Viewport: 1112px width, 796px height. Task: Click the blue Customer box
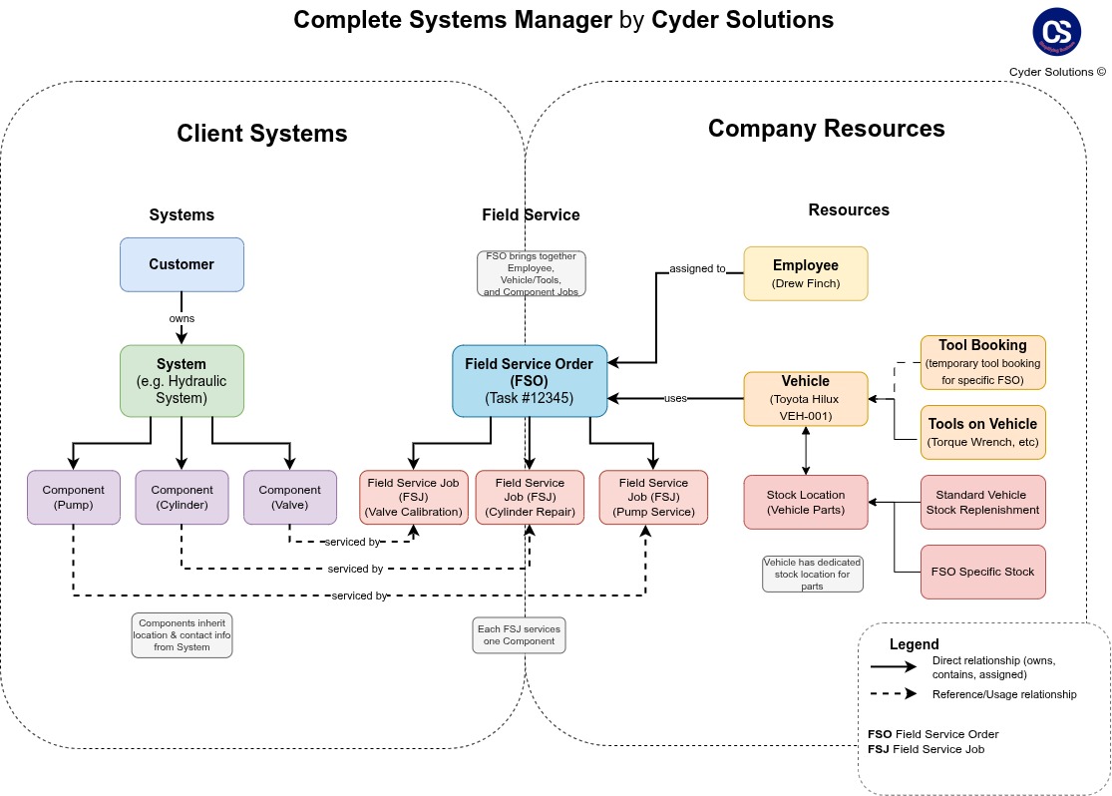pyautogui.click(x=182, y=264)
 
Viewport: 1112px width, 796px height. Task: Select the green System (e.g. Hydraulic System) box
pyautogui.click(x=182, y=381)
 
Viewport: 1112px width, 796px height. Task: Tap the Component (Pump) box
pyautogui.click(x=74, y=497)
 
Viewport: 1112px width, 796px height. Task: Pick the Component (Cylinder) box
pyautogui.click(x=182, y=497)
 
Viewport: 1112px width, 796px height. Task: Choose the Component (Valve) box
pyautogui.click(x=289, y=497)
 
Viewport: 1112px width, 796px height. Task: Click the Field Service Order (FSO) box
pyautogui.click(x=530, y=381)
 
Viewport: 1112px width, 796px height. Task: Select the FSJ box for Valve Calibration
pyautogui.click(x=414, y=497)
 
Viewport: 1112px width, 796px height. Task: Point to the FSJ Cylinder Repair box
pyautogui.click(x=530, y=497)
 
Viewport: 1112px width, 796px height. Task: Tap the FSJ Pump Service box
pyautogui.click(x=653, y=497)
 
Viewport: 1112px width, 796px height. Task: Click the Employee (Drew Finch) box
pyautogui.click(x=806, y=273)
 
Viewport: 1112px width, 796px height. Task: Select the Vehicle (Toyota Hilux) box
pyautogui.click(x=806, y=398)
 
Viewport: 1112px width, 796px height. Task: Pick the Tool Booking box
pyautogui.click(x=982, y=362)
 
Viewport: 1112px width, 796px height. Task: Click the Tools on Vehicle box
pyautogui.click(x=982, y=432)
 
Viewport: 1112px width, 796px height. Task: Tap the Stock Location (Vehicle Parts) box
pyautogui.click(x=806, y=502)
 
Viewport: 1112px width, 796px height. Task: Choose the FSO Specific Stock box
pyautogui.click(x=982, y=572)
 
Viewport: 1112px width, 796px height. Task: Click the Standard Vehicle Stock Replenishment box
pyautogui.click(x=982, y=502)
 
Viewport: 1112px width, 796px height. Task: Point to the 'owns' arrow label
pyautogui.click(x=182, y=318)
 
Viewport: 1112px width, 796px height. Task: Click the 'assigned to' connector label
pyautogui.click(x=697, y=268)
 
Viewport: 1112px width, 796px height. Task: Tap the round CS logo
pyautogui.click(x=1056, y=31)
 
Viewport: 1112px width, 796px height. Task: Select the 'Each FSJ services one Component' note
pyautogui.click(x=519, y=635)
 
